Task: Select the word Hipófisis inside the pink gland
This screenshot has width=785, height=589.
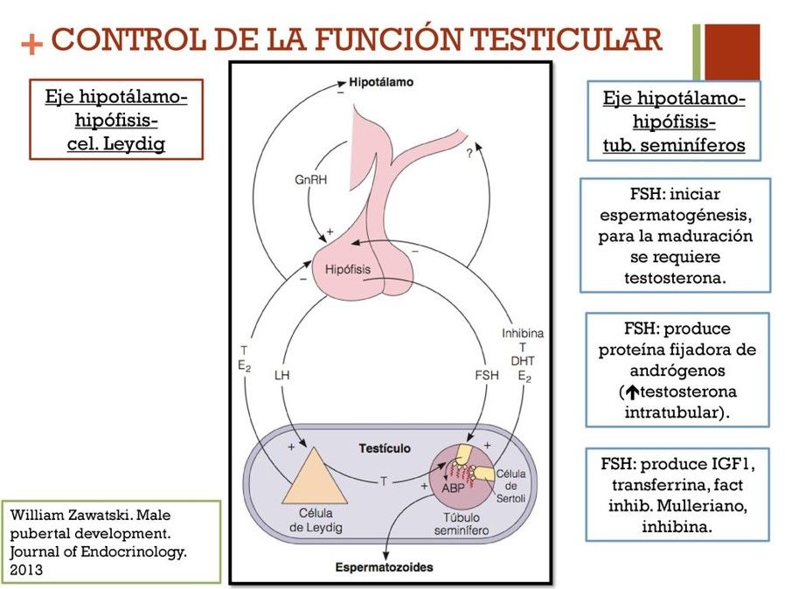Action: pyautogui.click(x=350, y=270)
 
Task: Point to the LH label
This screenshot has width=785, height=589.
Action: pyautogui.click(x=281, y=375)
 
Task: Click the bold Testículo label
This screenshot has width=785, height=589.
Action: pyautogui.click(x=385, y=448)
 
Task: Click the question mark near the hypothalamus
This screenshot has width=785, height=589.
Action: pyautogui.click(x=469, y=154)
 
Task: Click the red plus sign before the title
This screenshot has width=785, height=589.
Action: pyautogui.click(x=31, y=44)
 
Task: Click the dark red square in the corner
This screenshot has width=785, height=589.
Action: pyautogui.click(x=732, y=51)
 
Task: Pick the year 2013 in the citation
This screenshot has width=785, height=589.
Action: pyautogui.click(x=24, y=569)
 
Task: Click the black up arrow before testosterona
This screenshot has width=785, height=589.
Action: pyautogui.click(x=629, y=392)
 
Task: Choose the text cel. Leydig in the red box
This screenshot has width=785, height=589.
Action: pyautogui.click(x=116, y=143)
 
